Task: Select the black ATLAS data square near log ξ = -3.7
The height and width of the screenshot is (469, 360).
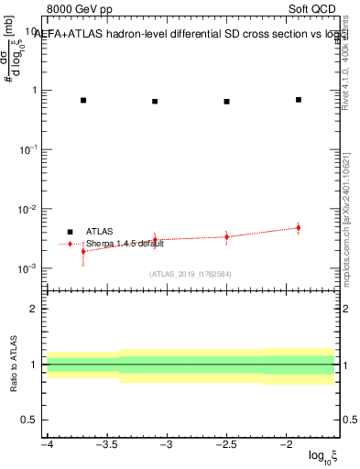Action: (83, 100)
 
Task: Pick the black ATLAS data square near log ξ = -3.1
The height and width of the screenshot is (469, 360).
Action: (155, 102)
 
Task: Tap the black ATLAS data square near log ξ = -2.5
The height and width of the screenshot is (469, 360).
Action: (226, 102)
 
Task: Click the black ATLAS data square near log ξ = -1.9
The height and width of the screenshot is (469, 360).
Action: (299, 99)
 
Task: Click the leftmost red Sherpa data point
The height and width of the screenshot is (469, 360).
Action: (83, 251)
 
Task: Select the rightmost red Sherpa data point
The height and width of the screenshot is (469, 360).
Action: (299, 228)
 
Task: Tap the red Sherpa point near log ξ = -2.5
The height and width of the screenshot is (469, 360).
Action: (226, 236)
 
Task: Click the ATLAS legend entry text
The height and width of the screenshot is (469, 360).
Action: (100, 232)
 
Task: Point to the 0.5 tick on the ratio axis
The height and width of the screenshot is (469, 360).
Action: (31, 420)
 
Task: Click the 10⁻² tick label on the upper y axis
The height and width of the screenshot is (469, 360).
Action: (27, 209)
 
